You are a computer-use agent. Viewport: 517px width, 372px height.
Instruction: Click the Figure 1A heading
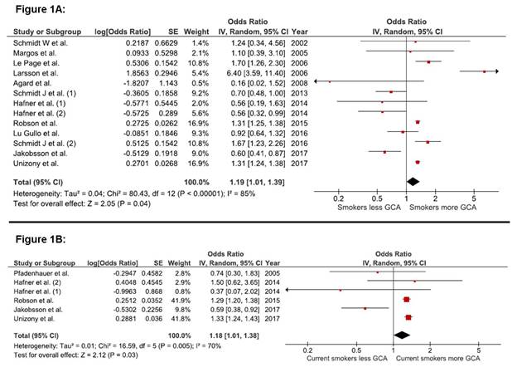point(32,7)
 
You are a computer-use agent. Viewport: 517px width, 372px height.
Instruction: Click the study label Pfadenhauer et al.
point(40,272)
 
